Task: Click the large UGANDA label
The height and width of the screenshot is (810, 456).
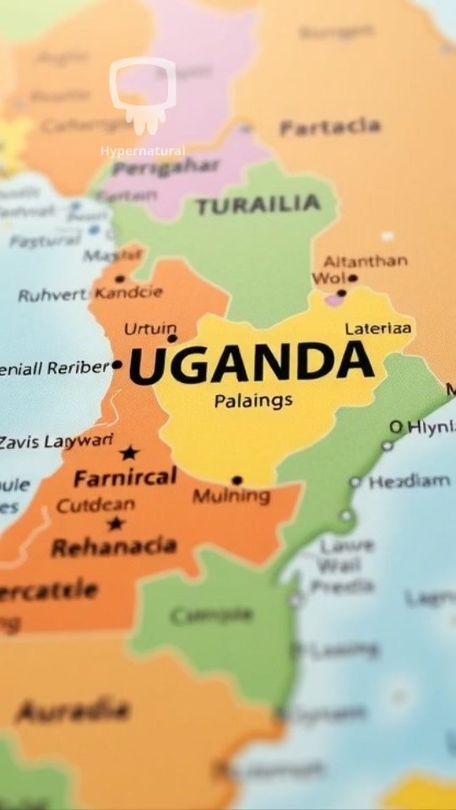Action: (251, 363)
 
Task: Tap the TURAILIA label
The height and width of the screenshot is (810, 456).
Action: (258, 205)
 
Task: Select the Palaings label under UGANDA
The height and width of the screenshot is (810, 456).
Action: (253, 400)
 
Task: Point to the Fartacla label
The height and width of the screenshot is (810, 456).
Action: (329, 128)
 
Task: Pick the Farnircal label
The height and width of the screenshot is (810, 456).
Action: (125, 478)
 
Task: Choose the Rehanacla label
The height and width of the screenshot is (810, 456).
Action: (114, 547)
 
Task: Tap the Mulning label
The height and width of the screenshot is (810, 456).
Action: (231, 496)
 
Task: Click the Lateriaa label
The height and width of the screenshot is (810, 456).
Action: (378, 328)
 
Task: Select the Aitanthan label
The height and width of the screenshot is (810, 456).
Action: (365, 261)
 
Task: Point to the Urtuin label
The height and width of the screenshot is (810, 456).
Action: (150, 328)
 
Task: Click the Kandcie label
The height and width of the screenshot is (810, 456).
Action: (128, 294)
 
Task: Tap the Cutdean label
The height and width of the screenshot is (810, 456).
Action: (95, 506)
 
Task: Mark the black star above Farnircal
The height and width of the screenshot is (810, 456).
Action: (128, 453)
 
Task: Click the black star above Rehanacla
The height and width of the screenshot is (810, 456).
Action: (117, 523)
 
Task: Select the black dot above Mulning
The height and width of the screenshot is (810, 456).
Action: (236, 480)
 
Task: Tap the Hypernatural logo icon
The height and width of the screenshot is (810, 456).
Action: (143, 94)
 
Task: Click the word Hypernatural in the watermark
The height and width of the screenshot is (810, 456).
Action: (143, 151)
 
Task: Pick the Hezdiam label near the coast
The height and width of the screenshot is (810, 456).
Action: (409, 481)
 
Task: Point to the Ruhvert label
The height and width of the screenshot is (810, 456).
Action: (52, 295)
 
